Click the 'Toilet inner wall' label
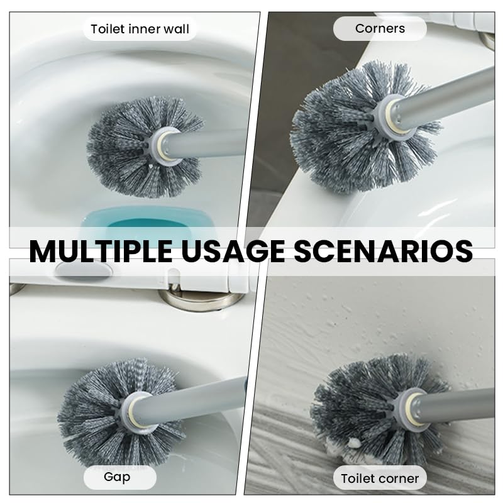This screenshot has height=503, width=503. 140,29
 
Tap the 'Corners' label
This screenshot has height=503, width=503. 380,28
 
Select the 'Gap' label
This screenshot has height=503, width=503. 117,477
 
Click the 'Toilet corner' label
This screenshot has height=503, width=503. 380,478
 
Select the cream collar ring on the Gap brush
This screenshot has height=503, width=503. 140,412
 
